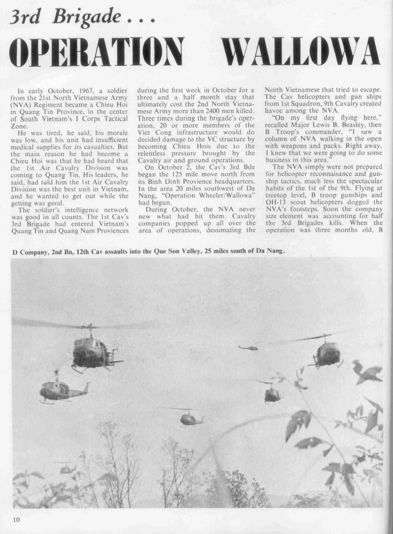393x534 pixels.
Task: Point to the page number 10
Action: [16, 519]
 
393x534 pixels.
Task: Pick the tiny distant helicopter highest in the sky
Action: [248, 348]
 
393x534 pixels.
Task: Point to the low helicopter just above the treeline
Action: [67, 469]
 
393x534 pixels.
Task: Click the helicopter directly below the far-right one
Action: [272, 394]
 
